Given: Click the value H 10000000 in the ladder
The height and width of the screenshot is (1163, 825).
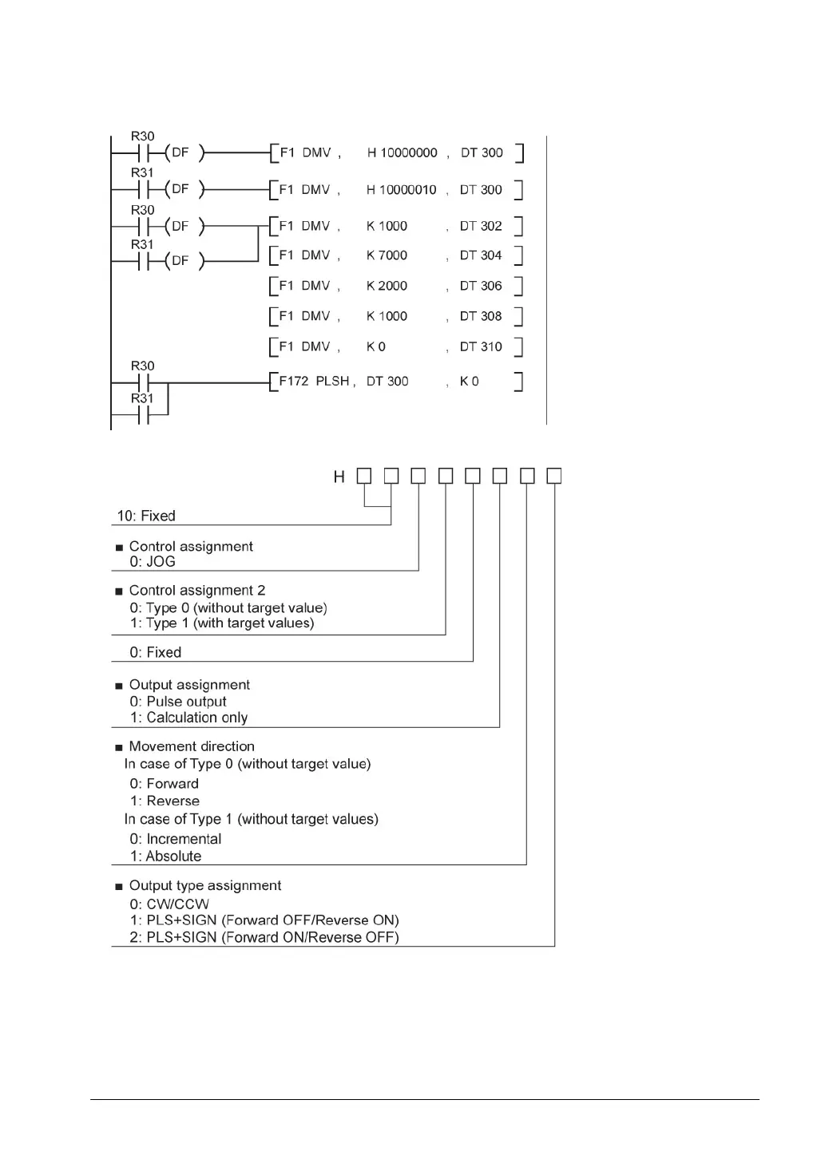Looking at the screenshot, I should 402,152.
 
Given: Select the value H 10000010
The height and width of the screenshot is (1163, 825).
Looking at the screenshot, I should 401,190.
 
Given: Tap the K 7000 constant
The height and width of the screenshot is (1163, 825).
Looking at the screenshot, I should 387,255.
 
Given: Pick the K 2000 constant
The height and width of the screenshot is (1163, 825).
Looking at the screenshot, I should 387,286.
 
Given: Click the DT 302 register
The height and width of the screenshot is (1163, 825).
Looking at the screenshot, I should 481,226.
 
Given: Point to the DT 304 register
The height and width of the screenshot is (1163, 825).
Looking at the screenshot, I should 481,255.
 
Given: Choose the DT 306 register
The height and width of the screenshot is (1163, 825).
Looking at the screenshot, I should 481,286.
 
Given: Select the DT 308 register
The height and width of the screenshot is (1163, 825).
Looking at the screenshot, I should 481,316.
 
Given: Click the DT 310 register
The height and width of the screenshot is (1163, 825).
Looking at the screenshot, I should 481,346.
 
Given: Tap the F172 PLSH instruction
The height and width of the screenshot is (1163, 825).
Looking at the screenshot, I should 314,382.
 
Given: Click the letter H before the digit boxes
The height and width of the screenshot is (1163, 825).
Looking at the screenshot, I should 339,477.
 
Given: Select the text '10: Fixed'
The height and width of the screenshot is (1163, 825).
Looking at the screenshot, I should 146,516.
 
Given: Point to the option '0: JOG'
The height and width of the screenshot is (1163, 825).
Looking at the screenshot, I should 153,562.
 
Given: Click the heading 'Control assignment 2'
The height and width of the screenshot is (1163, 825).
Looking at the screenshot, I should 197,591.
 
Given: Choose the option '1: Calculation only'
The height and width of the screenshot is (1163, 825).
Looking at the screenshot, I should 188,718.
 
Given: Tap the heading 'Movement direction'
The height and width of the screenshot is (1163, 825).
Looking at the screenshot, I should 192,746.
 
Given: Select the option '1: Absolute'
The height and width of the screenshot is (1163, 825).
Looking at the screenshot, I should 165,856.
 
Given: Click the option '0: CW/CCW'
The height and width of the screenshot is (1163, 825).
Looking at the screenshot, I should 169,904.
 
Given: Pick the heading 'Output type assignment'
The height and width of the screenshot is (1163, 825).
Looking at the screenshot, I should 205,886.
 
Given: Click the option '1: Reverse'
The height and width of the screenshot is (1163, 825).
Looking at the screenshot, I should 165,801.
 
